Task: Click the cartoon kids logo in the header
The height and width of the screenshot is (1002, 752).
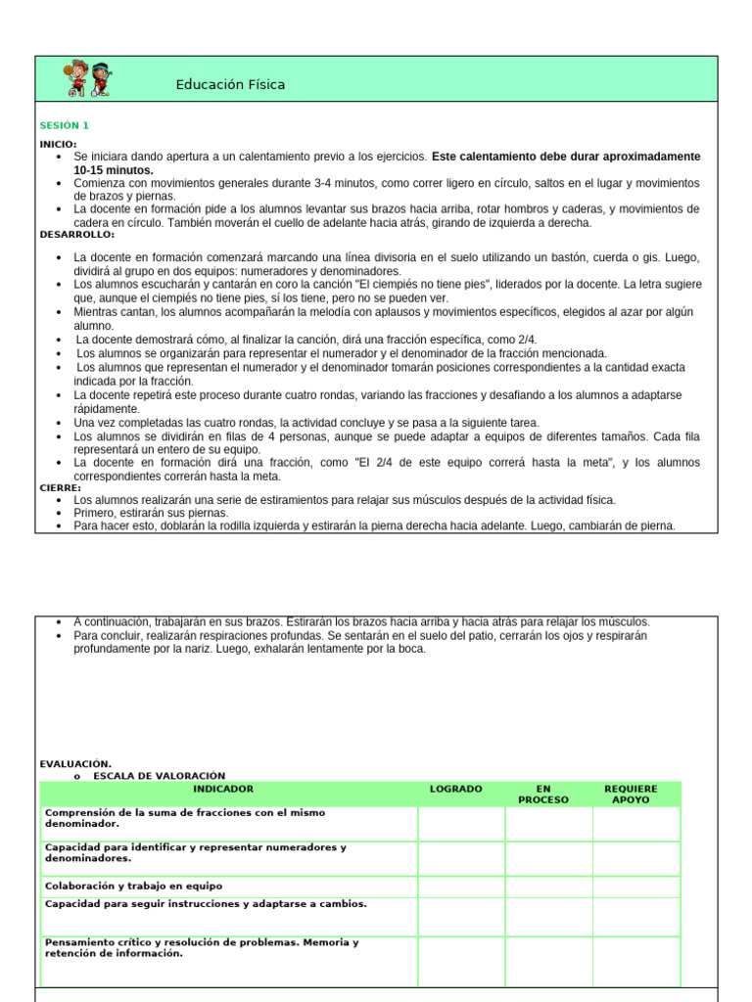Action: pyautogui.click(x=88, y=80)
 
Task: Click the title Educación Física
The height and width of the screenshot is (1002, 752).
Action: pyautogui.click(x=230, y=85)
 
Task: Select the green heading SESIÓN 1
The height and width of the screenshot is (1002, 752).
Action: pyautogui.click(x=64, y=125)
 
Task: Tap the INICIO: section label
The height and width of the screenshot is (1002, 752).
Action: pyautogui.click(x=58, y=144)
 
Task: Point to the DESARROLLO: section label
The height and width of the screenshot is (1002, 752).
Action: pyautogui.click(x=76, y=235)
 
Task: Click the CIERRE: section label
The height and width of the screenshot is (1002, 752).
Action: pyautogui.click(x=61, y=487)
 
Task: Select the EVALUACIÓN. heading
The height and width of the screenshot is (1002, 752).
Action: pyautogui.click(x=75, y=763)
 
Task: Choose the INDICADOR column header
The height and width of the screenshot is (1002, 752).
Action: pyautogui.click(x=223, y=789)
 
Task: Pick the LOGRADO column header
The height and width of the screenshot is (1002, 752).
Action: pyautogui.click(x=455, y=789)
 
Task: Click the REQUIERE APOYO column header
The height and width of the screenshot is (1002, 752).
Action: pyautogui.click(x=631, y=795)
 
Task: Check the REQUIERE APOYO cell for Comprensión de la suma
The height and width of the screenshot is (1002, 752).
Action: pyautogui.click(x=636, y=824)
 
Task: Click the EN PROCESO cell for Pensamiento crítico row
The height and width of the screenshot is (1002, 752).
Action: pyautogui.click(x=548, y=960)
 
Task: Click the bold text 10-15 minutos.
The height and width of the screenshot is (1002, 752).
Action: pyautogui.click(x=114, y=170)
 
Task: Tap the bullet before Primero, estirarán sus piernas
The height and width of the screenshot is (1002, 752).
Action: pyautogui.click(x=61, y=514)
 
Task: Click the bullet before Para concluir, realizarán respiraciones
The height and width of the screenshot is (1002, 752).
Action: pyautogui.click(x=61, y=636)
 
